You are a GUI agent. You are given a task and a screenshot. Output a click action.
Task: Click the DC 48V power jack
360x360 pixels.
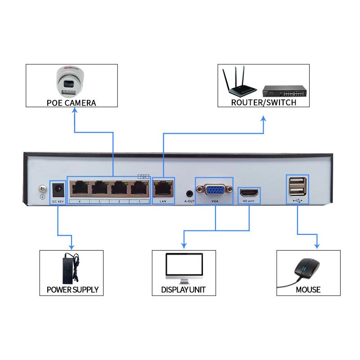[58, 189]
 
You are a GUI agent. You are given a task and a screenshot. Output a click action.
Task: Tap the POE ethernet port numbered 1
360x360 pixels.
[139, 188]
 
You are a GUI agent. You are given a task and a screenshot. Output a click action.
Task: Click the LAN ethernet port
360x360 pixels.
[163, 188]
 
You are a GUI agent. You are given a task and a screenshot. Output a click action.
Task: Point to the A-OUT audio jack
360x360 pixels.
[189, 192]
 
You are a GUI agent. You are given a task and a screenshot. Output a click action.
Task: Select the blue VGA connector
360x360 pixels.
[214, 189]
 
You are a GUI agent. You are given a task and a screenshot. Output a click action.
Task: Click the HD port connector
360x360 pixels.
[249, 192]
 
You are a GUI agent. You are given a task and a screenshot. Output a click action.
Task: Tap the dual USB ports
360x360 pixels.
[297, 187]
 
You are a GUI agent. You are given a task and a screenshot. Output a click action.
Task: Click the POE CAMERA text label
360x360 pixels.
[72, 103]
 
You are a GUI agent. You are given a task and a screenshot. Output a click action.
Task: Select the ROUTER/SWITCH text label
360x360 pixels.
[264, 102]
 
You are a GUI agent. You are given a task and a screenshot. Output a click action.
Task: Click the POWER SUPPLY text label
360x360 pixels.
[72, 289]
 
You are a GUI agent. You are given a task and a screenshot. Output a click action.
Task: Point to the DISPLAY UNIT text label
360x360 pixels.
[183, 289]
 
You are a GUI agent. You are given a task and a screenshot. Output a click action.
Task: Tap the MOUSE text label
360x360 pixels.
[308, 289]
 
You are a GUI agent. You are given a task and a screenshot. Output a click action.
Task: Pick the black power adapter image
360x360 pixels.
[70, 267]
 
